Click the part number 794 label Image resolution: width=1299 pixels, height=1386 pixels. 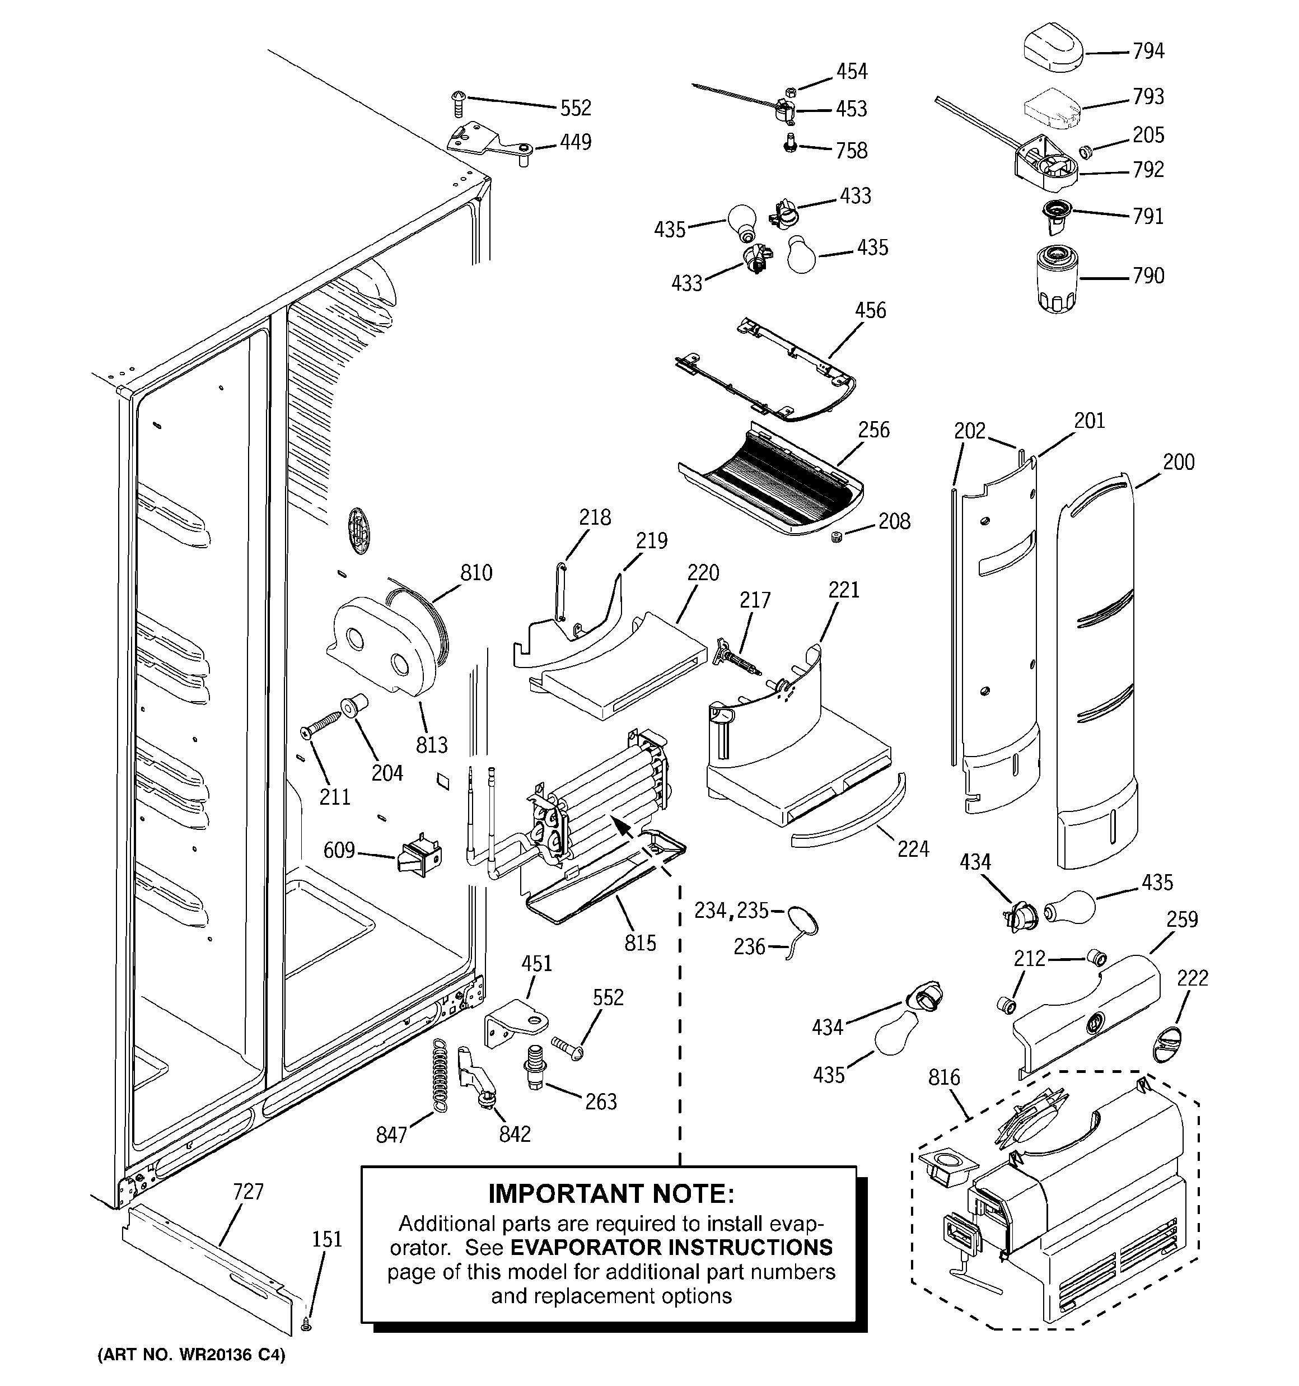pos(1148,51)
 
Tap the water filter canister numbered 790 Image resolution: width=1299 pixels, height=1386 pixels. pos(1057,279)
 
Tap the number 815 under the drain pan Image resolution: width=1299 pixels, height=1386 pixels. pos(639,942)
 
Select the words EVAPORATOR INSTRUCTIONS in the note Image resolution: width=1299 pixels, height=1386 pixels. pos(671,1247)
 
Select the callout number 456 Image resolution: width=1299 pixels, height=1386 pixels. pos(870,310)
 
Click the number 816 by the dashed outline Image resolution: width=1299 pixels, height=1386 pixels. pos(943,1077)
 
